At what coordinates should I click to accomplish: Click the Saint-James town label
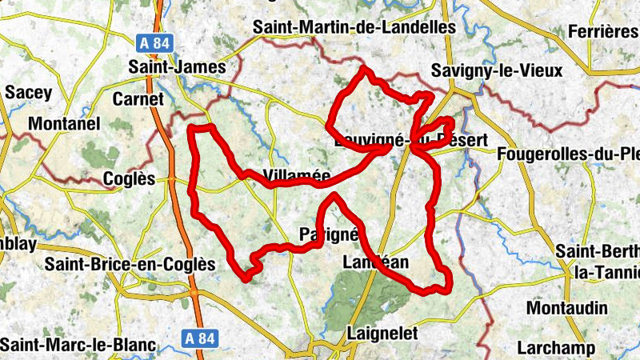coord(178,67)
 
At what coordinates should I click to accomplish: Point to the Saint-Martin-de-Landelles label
coord(354,26)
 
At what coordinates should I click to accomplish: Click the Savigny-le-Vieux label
coord(496,70)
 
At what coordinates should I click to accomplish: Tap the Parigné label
coord(326,234)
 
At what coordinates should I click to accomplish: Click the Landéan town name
coord(375,262)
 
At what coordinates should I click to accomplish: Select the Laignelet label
coord(383,334)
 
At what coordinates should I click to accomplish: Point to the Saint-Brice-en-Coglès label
coord(130,264)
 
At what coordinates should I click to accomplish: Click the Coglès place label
coord(130,178)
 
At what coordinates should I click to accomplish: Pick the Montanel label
coord(64,124)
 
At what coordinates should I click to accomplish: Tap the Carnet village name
coord(138,98)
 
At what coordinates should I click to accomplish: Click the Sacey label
coord(28,92)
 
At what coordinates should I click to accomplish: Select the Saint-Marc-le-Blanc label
coord(78,344)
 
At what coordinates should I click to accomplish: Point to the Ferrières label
coord(602,31)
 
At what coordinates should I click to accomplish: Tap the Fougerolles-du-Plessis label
coord(568,153)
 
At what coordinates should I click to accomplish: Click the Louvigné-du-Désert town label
coord(409,141)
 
